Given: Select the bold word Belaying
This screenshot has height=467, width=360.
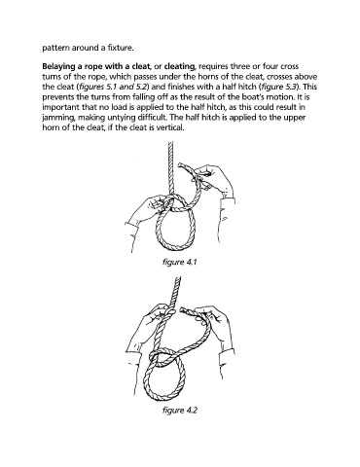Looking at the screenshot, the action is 55,67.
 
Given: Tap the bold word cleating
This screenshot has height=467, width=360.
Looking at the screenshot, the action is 179,67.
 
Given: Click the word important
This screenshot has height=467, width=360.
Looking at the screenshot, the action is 59,107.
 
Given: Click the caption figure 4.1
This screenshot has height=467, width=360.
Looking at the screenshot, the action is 179,262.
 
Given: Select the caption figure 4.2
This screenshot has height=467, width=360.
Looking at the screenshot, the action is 179,411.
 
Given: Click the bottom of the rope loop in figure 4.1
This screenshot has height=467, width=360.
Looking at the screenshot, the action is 175,249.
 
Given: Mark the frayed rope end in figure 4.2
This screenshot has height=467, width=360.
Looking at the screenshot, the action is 182,311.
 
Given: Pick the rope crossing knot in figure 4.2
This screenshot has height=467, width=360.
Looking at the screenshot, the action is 160,356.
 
